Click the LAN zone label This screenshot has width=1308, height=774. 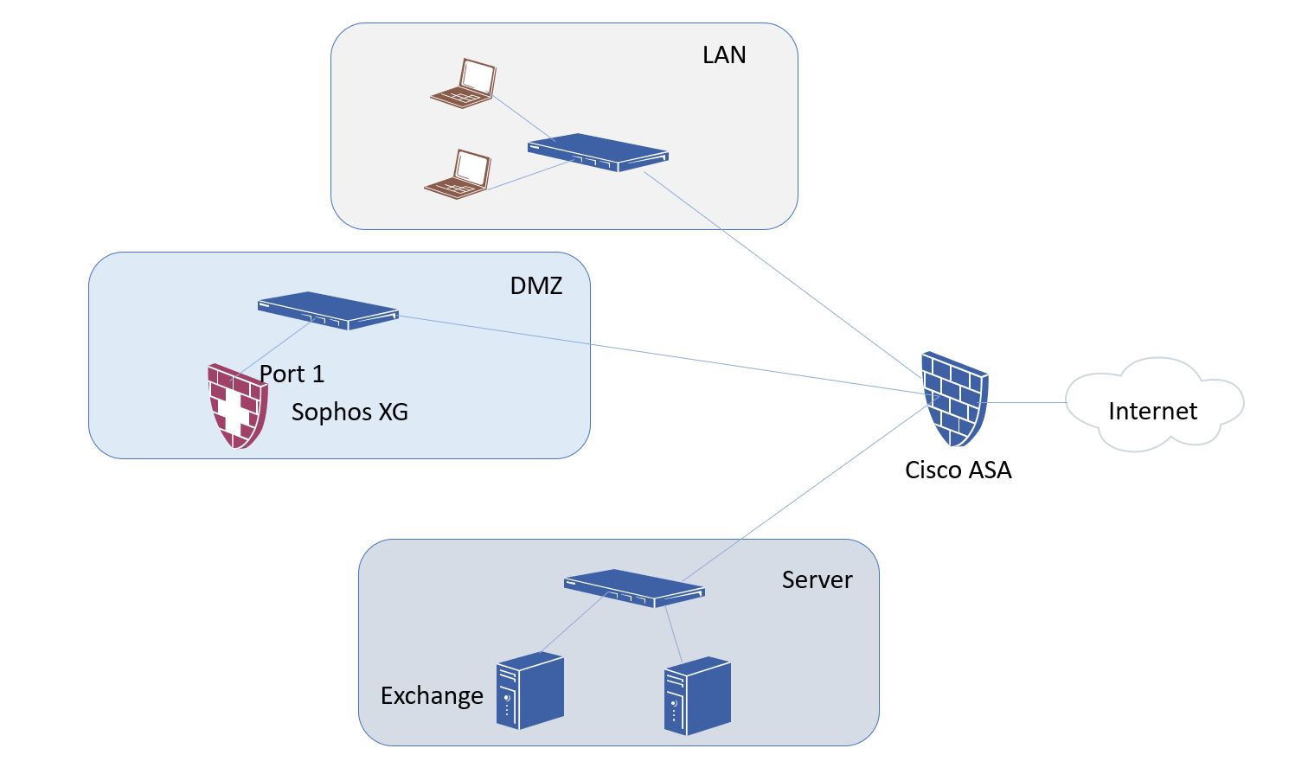723,55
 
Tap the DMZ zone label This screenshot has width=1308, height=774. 535,285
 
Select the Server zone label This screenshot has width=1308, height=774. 817,579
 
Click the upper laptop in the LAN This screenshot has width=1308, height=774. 465,84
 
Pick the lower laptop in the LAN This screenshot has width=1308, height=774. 458,175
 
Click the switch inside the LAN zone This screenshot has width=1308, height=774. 598,152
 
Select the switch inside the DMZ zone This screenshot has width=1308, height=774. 328,310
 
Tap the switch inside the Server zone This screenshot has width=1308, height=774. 634,588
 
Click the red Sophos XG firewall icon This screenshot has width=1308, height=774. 237,406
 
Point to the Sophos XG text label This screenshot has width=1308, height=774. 349,412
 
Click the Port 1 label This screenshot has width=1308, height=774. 292,374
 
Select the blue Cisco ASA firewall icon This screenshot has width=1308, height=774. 954,398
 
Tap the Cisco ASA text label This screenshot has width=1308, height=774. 958,470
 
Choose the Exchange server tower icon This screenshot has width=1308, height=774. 529,691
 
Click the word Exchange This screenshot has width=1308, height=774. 432,695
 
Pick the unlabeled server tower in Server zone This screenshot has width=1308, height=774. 697,696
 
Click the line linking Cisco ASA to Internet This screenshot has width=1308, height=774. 1027,402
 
